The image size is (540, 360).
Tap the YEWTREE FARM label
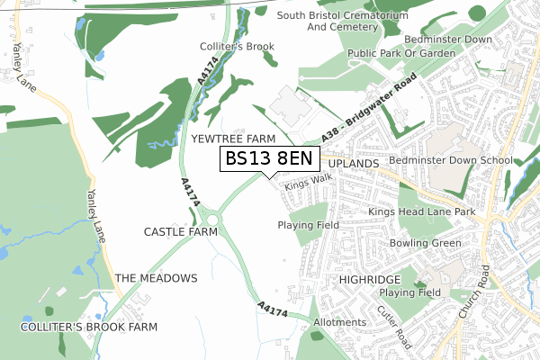point(233,139)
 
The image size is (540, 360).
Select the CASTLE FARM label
point(181,231)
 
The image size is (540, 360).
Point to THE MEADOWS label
point(156,278)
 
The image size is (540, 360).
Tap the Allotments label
point(339,322)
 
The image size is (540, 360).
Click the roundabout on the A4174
point(211,218)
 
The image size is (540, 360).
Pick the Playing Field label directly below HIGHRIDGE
point(409,292)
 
